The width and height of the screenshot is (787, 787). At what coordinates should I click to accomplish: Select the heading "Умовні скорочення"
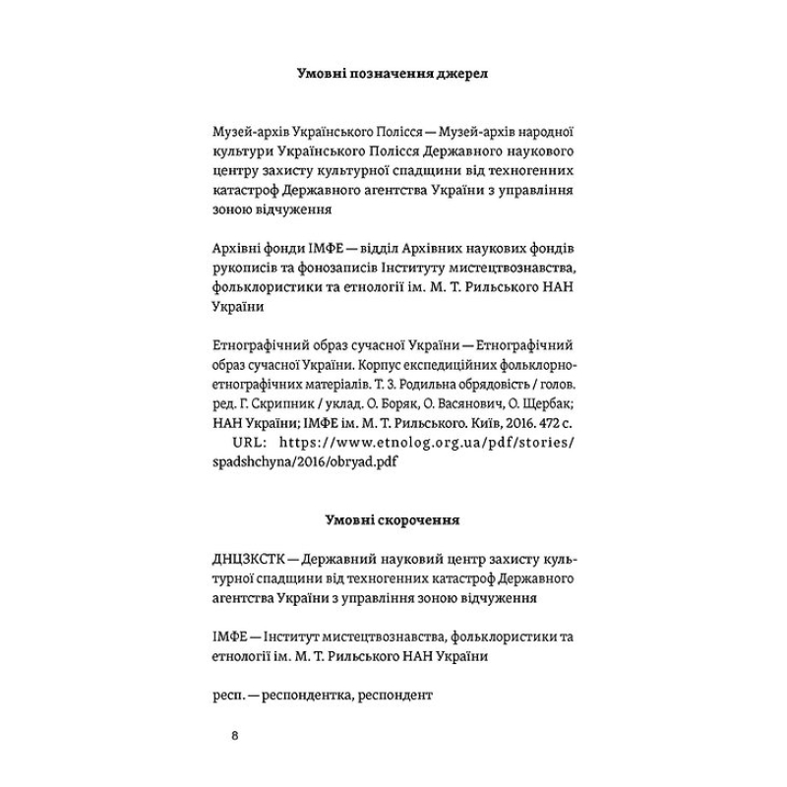point(393,517)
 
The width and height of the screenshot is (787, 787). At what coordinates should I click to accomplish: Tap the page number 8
point(232,736)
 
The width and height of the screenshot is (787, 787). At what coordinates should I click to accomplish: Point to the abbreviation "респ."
point(231,695)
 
